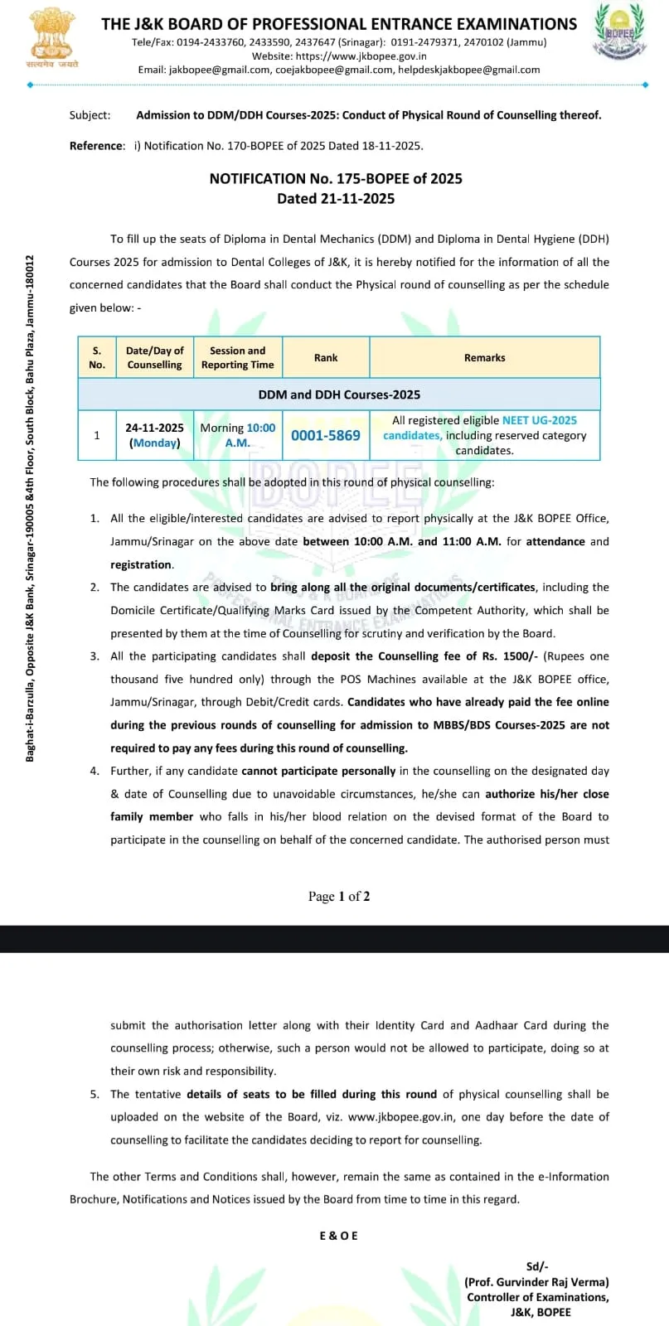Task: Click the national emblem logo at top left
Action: tap(51, 37)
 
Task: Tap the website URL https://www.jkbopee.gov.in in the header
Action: tap(339, 56)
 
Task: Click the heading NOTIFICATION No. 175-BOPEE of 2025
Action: tap(336, 178)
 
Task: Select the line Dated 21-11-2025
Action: tap(336, 199)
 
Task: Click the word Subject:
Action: tap(90, 115)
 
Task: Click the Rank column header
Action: tap(326, 358)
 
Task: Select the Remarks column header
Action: tap(484, 358)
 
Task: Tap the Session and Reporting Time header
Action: tap(238, 358)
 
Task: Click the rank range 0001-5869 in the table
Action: tap(326, 435)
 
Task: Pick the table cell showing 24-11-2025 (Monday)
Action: tap(155, 435)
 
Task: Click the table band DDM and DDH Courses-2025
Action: tap(339, 394)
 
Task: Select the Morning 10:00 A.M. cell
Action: tap(238, 435)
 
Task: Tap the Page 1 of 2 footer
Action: tap(339, 897)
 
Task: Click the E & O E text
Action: tap(339, 1236)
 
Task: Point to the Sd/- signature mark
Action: tap(537, 1266)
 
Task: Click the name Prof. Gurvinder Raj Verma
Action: tap(536, 1282)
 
